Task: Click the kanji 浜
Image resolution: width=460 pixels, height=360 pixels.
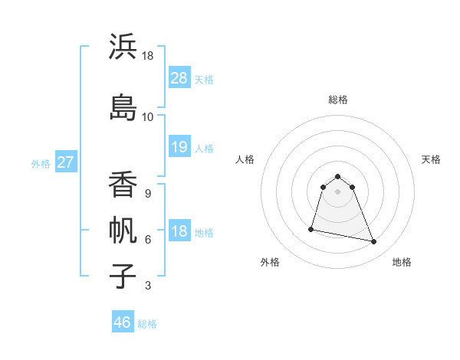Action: (x=123, y=47)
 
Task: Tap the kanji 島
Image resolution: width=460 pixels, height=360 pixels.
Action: (x=123, y=107)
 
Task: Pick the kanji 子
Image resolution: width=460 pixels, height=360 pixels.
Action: (x=123, y=276)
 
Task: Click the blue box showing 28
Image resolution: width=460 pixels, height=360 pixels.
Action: (x=179, y=78)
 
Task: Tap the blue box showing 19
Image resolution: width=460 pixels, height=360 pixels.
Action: (x=179, y=147)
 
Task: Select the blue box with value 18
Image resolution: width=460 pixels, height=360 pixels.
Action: (x=179, y=231)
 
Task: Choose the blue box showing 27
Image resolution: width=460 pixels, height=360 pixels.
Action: (x=66, y=162)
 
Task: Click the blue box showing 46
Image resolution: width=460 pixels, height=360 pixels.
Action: (x=123, y=322)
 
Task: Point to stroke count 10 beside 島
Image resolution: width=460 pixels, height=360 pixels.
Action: (x=147, y=117)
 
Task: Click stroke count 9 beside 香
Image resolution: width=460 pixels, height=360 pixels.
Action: (x=147, y=194)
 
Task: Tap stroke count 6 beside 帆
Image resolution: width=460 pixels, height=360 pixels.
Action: (x=147, y=240)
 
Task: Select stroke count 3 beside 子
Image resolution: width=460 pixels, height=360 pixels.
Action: (x=147, y=286)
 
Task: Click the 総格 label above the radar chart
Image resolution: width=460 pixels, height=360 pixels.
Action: (x=338, y=100)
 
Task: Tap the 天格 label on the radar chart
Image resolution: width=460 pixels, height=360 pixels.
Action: (x=432, y=159)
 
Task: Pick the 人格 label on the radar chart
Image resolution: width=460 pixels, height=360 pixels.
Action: (x=245, y=159)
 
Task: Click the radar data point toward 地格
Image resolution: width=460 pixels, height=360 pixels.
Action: (x=374, y=242)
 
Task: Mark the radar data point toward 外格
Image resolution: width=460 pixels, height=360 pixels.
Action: (x=311, y=228)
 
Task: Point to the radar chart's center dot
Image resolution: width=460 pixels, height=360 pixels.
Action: (x=338, y=191)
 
